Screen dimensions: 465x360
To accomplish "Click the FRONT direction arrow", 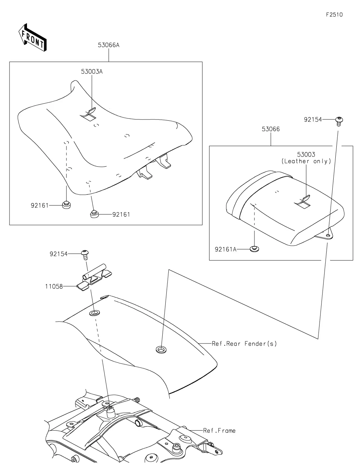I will coord(32,37).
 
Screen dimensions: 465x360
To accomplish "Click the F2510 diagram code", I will coord(334,15).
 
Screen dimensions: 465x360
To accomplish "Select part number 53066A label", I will coord(109,45).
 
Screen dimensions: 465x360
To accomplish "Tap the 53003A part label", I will coord(92,72).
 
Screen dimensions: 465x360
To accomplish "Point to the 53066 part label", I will coord(271,129).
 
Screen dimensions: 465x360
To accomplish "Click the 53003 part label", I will coord(306,155).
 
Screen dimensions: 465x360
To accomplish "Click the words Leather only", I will coord(306,161).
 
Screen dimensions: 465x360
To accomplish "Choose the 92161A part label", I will coord(226,249).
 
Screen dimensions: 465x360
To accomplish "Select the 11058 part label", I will coord(54,286).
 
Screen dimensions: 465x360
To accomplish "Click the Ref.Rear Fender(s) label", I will coord(244,344).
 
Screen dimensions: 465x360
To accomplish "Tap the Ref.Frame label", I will coord(219,431).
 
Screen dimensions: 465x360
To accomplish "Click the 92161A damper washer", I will coord(254,249).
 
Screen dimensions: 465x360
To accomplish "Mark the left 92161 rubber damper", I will coord(66,204).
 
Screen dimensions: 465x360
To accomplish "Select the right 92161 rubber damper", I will coord(94,214).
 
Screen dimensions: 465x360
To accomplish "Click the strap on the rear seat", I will coord(303,202).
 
